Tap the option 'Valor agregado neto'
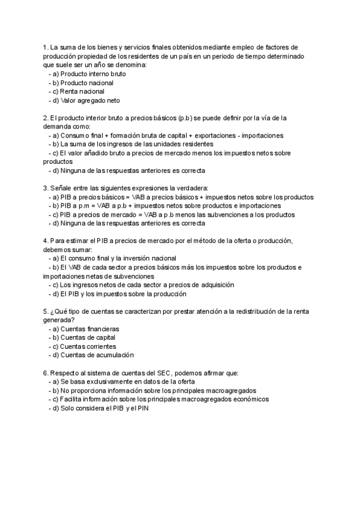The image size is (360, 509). [90, 100]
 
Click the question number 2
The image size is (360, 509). [46, 118]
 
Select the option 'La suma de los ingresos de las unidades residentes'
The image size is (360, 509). [133, 144]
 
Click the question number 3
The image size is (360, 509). [46, 188]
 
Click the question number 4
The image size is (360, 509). [46, 241]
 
